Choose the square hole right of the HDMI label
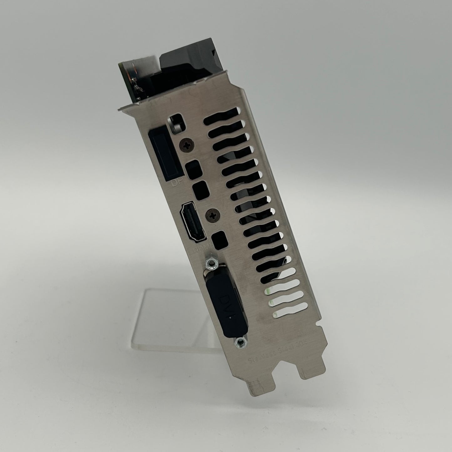tap(218, 240)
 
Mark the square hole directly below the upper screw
tap(193, 169)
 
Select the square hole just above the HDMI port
tap(200, 189)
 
